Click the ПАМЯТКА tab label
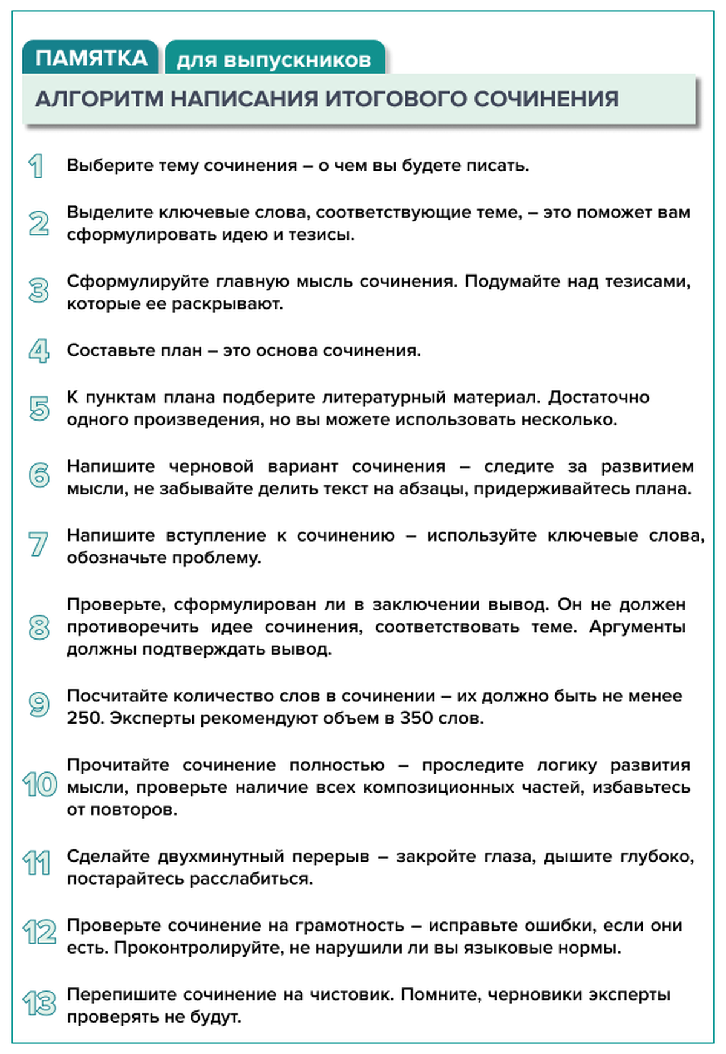(x=91, y=58)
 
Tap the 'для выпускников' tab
(x=273, y=60)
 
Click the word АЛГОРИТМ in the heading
(x=99, y=99)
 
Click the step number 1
(x=36, y=166)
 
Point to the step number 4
(x=39, y=350)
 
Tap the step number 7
(x=38, y=544)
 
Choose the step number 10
(x=39, y=785)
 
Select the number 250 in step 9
(x=85, y=718)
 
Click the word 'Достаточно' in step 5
(x=598, y=397)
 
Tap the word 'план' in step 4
(x=180, y=350)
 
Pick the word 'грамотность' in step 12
(x=349, y=925)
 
